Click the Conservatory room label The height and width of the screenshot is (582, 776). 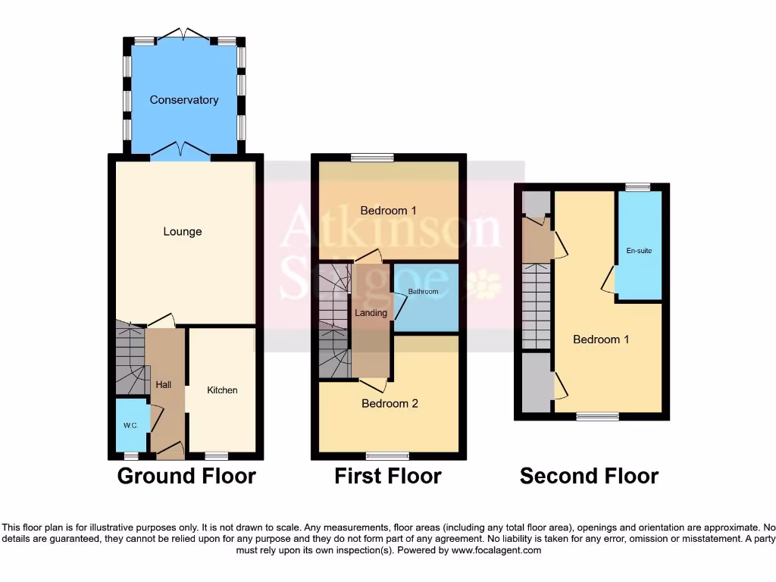(183, 100)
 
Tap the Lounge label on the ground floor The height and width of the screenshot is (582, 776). (183, 231)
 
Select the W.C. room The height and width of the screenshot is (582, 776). (130, 425)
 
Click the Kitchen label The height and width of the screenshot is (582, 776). (222, 390)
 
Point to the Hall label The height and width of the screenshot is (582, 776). (164, 385)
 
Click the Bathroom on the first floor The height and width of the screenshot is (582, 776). (424, 292)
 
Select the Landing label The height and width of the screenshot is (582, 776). (371, 313)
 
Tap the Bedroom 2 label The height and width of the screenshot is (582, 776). (390, 404)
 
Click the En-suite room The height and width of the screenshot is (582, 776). (639, 251)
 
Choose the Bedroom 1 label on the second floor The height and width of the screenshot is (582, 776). (601, 339)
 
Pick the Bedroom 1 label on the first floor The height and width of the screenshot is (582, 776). (389, 211)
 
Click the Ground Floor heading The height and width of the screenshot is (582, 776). (186, 476)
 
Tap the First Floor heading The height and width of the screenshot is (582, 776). (388, 476)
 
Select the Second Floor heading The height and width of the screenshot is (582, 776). (589, 476)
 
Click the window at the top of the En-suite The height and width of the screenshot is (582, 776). (637, 186)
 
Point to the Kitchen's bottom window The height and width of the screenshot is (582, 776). (216, 456)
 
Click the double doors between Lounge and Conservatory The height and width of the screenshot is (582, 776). (180, 155)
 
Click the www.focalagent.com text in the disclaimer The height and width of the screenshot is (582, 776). (496, 550)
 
